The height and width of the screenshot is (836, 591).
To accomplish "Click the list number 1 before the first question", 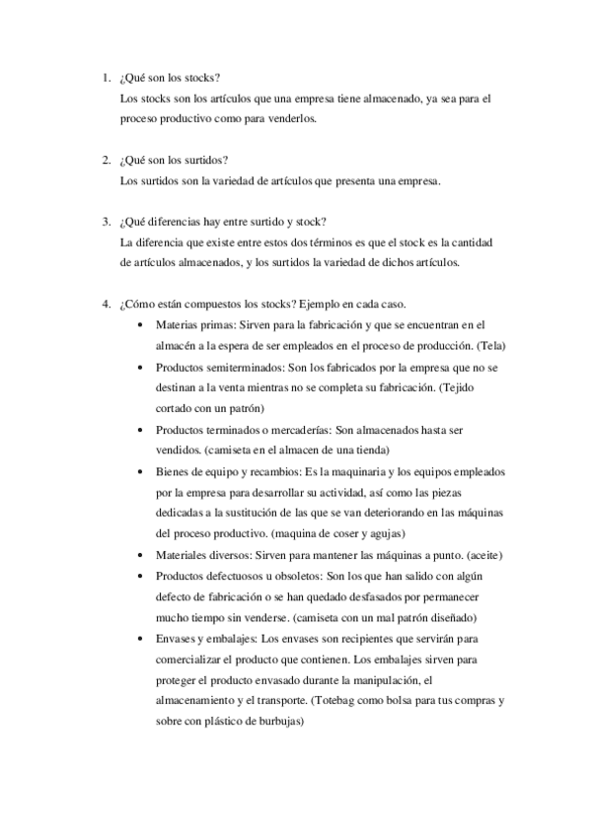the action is [105, 78].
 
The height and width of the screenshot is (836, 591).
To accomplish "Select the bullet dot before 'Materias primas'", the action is [144, 323].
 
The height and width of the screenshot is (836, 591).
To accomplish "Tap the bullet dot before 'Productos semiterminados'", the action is [144, 365].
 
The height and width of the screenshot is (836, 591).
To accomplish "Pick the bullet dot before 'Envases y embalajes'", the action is [144, 638].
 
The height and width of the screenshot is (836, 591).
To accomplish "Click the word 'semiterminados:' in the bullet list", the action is [233, 365].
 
